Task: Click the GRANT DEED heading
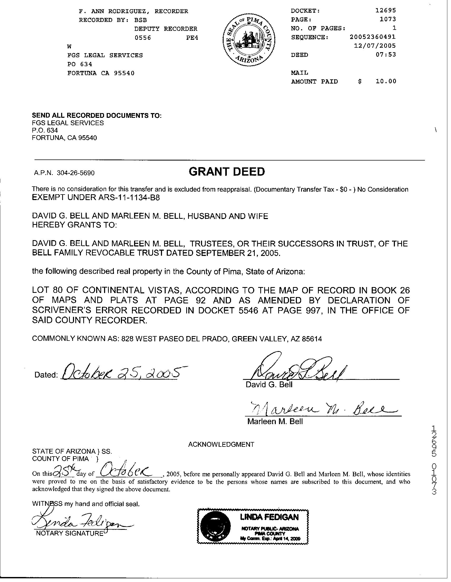[x=227, y=172]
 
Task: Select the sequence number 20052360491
[x=372, y=37]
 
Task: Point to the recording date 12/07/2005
[x=375, y=46]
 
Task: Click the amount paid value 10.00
[x=386, y=81]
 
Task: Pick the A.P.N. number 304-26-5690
[x=75, y=173]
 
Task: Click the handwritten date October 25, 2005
[x=120, y=372]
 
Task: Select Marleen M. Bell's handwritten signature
[x=320, y=409]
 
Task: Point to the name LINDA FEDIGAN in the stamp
[x=269, y=517]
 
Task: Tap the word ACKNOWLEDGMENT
[x=221, y=444]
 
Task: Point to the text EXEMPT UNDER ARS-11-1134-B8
[x=96, y=198]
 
